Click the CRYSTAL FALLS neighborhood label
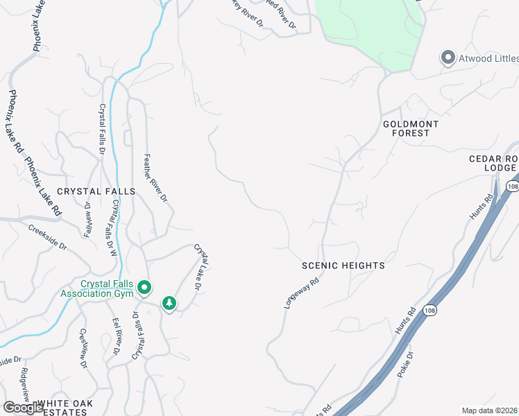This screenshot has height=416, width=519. pyautogui.click(x=91, y=191)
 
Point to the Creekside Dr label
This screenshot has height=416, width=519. pyautogui.click(x=48, y=236)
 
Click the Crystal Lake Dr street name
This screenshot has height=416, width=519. pyautogui.click(x=202, y=267)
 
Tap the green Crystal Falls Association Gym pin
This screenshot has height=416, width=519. pyautogui.click(x=144, y=286)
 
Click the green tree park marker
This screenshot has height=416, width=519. pyautogui.click(x=169, y=303)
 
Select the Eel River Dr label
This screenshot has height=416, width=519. pyautogui.click(x=117, y=338)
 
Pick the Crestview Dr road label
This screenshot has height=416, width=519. pyautogui.click(x=83, y=348)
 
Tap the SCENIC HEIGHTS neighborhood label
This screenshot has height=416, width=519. pyautogui.click(x=343, y=266)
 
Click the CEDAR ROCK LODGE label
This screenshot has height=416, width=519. pyautogui.click(x=493, y=163)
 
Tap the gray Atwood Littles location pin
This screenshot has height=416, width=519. pyautogui.click(x=448, y=58)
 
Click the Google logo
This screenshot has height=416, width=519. pyautogui.click(x=23, y=408)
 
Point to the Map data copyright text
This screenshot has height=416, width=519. pyautogui.click(x=488, y=410)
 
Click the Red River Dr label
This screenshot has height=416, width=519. pyautogui.click(x=282, y=15)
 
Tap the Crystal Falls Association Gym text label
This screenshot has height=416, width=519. pyautogui.click(x=106, y=288)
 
